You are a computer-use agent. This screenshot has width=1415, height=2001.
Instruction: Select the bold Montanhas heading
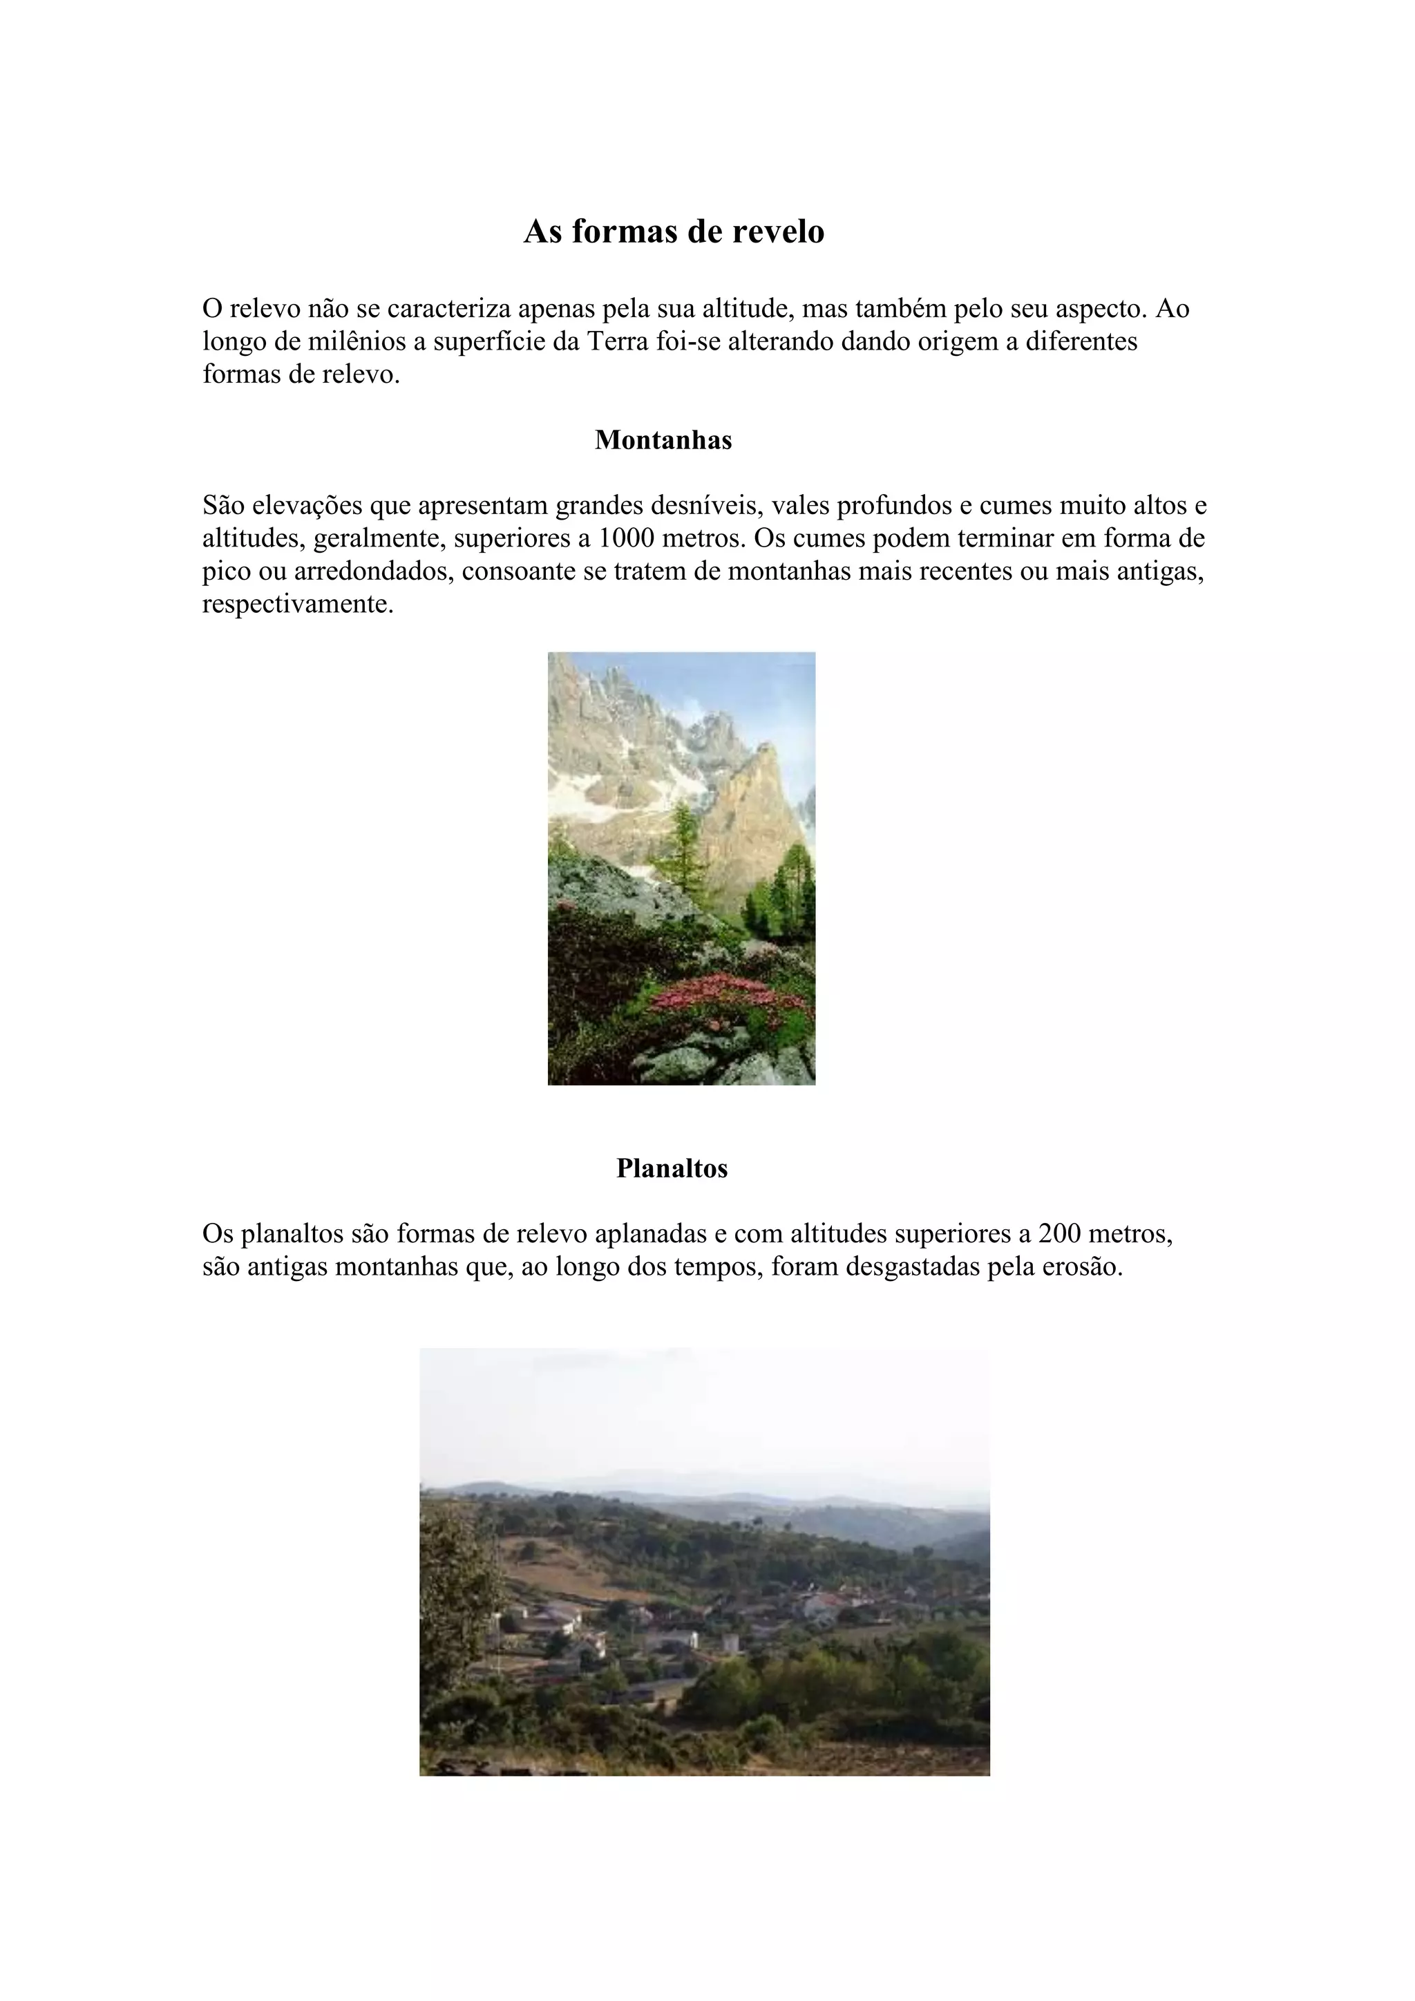663,440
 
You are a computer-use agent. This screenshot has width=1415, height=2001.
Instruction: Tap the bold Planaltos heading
672,1168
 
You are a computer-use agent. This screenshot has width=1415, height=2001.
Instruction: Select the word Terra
618,341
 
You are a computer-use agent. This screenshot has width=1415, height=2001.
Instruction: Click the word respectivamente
298,604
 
